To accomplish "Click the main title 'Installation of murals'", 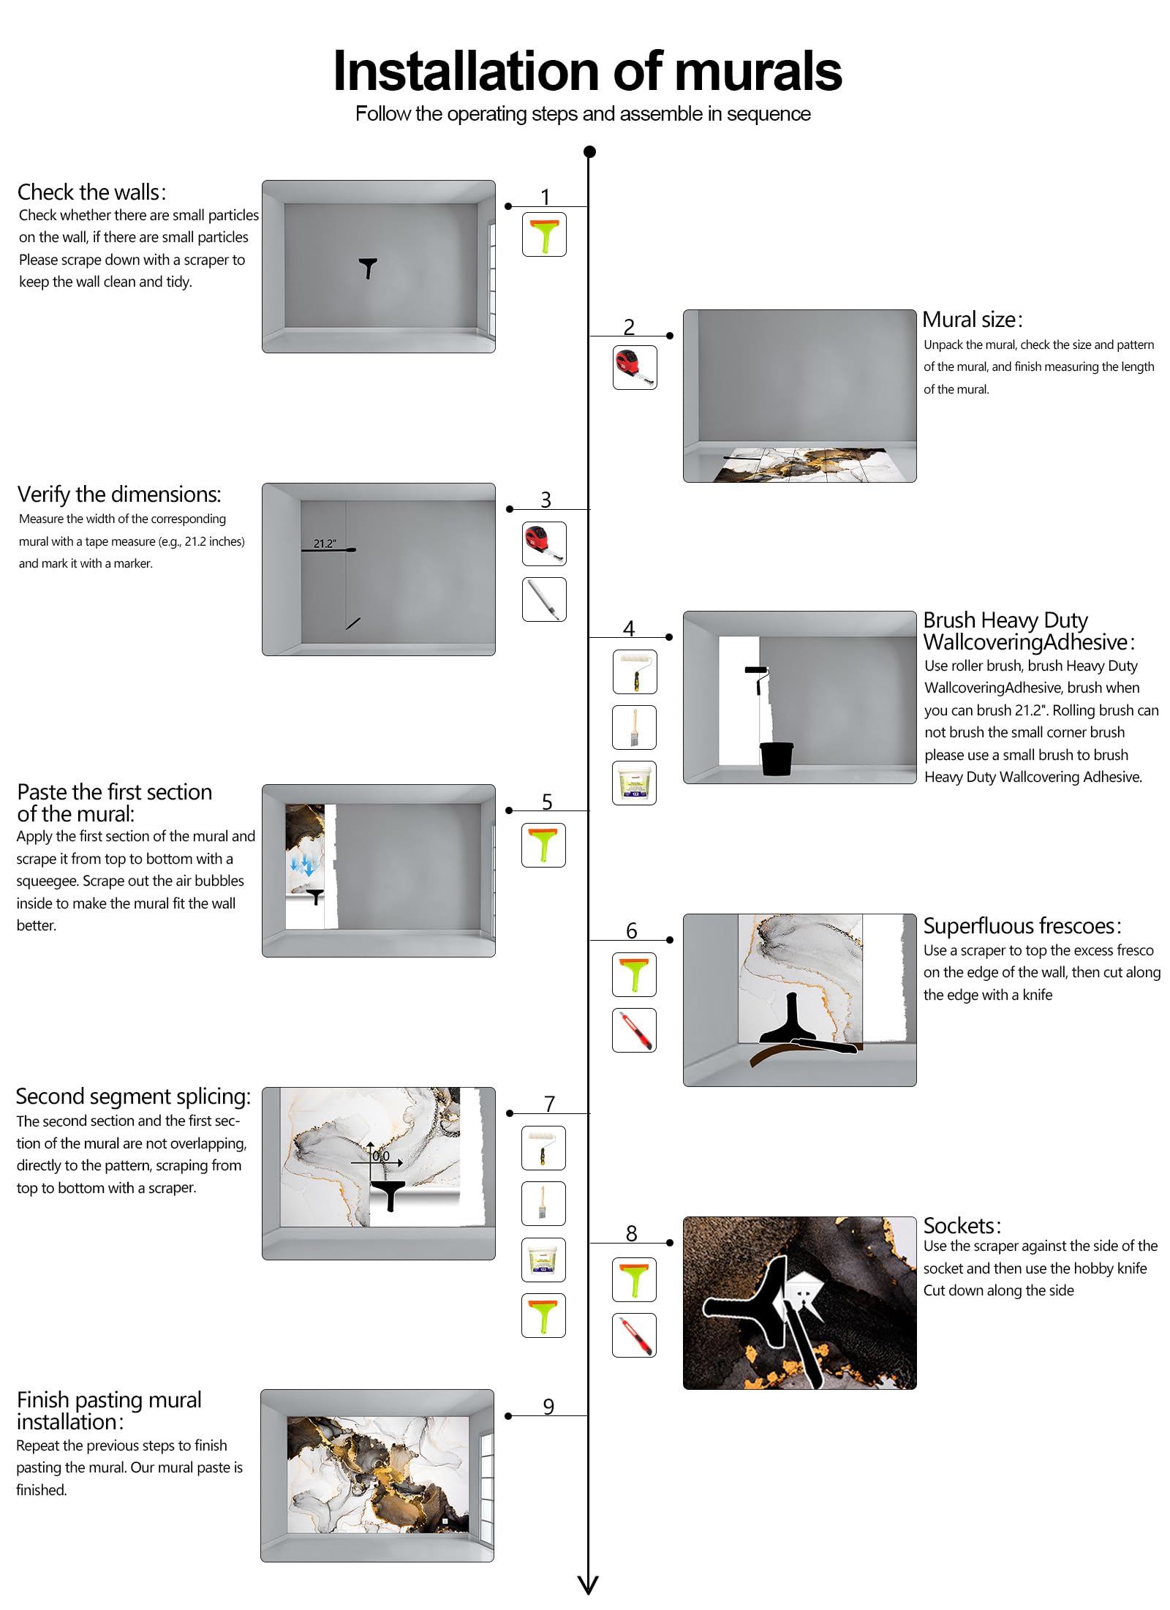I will coord(586,72).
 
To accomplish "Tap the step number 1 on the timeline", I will coord(545,196).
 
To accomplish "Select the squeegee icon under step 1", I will coord(544,234).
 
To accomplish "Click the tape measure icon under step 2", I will coord(634,367).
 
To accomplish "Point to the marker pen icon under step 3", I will coord(544,599).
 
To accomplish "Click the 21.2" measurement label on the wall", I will coord(325,543).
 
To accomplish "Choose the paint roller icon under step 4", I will coord(634,672).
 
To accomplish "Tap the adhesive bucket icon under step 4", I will coord(634,783).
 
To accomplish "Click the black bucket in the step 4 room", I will coord(776,759).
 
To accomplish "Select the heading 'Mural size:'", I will coord(972,320).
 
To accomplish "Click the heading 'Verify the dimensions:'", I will coord(118,494).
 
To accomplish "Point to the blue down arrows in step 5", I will coord(302,866).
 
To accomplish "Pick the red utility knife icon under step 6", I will coord(634,1030).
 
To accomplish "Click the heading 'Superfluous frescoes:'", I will coord(1022,926).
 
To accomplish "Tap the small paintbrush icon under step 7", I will coord(543,1203).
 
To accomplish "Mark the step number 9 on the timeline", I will coord(548,1406).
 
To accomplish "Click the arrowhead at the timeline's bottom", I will coord(588,1584).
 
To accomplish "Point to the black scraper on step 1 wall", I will coord(368,267).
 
